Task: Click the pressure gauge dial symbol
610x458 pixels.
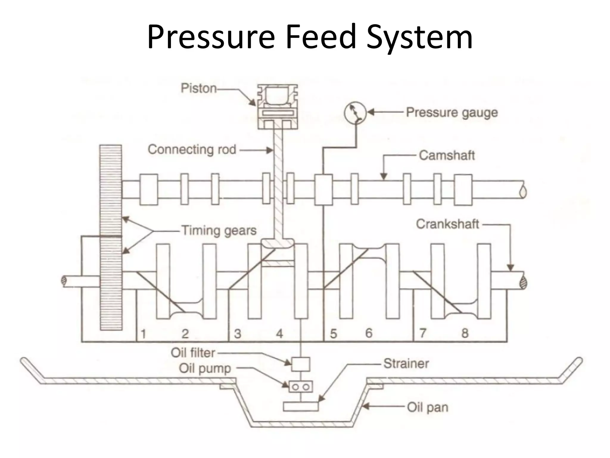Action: tap(355, 112)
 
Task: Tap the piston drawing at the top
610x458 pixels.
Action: tap(278, 106)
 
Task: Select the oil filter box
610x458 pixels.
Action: tap(300, 364)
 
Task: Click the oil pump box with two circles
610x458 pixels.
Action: tap(300, 387)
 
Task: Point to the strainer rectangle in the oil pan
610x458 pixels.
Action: tap(300, 406)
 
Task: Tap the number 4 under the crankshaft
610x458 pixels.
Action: tap(279, 334)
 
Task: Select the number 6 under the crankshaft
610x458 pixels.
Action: tap(369, 333)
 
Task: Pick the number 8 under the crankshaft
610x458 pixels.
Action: tap(465, 333)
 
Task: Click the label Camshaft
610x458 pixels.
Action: tap(446, 156)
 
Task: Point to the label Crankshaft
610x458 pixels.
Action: tap(447, 224)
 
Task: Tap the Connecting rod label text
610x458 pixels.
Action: tap(192, 150)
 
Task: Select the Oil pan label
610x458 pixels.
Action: tap(427, 407)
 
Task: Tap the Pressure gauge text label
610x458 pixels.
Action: tap(452, 113)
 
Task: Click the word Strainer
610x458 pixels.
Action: tap(406, 363)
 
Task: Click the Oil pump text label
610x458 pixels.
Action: tap(205, 369)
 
